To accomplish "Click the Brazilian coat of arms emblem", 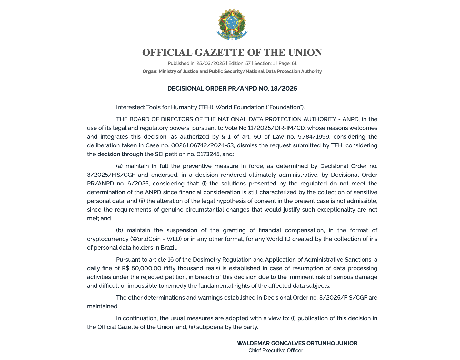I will tap(232, 25).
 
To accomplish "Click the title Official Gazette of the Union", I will tap(232, 53).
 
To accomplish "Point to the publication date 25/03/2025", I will tap(210, 63).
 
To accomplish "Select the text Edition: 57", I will tap(239, 63).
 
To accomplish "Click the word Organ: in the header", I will tap(150, 71).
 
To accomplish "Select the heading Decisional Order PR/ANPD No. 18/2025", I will tap(232, 89).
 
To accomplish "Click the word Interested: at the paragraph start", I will tap(130, 107).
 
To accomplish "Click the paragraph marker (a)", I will tap(119, 166).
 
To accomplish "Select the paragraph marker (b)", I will tap(119, 230).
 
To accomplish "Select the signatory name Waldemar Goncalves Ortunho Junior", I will tap(297, 343).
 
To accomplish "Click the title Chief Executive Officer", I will tap(275, 351).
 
